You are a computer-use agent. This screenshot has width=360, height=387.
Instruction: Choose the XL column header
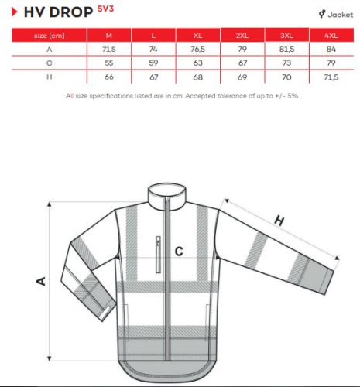[x=198, y=36]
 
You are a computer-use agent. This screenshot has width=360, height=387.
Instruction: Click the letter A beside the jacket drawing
[x=41, y=281]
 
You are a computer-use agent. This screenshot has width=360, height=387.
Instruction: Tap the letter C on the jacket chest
[x=178, y=251]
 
